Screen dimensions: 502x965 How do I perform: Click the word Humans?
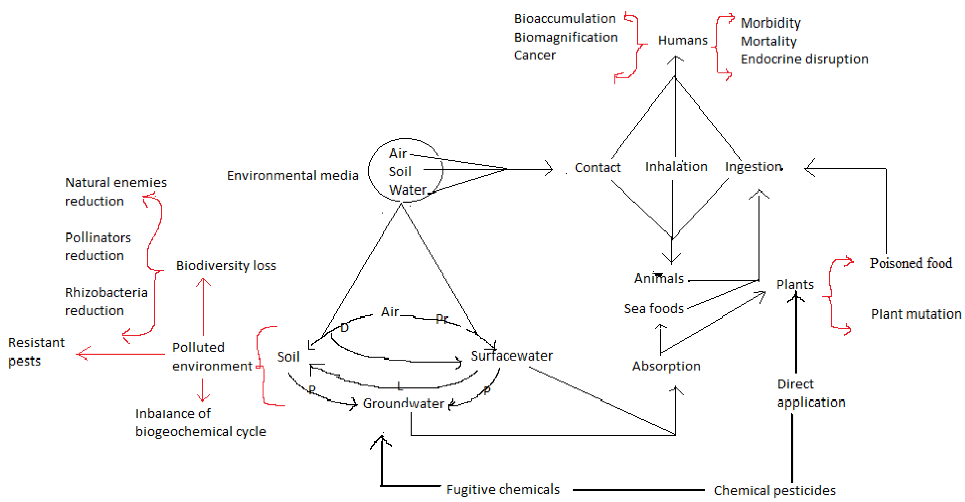682,40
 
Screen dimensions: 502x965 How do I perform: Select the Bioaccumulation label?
565,18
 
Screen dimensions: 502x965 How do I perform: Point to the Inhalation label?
676,166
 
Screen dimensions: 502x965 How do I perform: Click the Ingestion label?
753,166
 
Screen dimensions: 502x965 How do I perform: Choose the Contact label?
598,167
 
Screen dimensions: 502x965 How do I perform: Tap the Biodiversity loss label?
226,265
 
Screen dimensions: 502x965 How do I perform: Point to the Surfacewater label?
511,355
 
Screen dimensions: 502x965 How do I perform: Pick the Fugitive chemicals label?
503,489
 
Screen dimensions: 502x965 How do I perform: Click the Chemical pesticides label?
774,490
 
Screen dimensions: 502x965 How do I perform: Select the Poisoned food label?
911,264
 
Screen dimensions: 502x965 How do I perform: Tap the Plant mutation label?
916,314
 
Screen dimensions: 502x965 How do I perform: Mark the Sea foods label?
654,308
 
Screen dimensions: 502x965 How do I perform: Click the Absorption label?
666,366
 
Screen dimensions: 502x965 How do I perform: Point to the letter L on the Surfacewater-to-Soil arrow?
399,386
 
